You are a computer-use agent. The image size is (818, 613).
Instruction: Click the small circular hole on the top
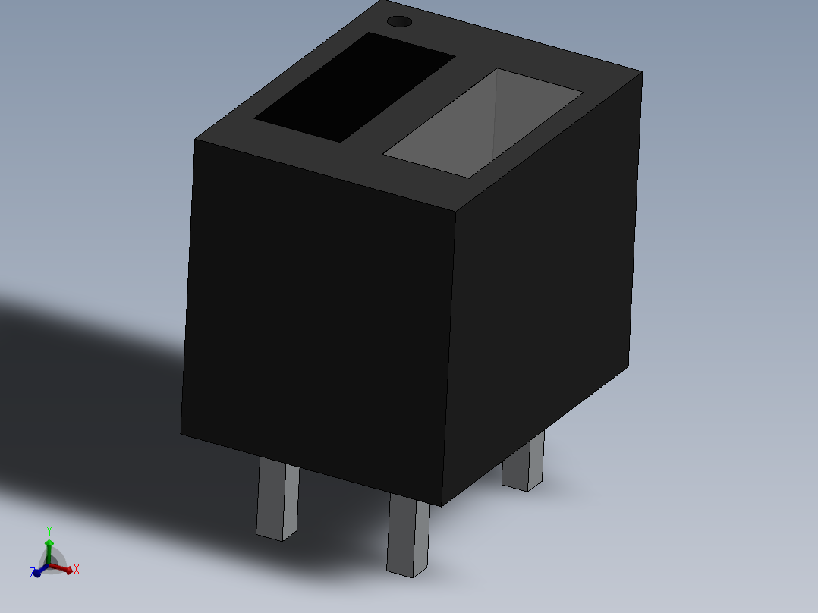(x=400, y=21)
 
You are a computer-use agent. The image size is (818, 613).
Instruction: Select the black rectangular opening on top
(x=354, y=87)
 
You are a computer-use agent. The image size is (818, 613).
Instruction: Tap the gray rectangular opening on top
(x=483, y=123)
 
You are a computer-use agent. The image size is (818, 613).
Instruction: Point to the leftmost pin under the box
(x=278, y=498)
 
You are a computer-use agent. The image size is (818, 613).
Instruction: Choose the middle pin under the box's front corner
(x=408, y=536)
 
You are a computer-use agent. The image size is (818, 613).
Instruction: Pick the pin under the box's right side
(x=524, y=462)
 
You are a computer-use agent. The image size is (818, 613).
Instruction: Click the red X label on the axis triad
(x=77, y=569)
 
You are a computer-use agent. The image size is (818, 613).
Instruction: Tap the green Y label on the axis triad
(x=49, y=531)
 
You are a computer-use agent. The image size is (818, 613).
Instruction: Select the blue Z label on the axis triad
(x=33, y=572)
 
